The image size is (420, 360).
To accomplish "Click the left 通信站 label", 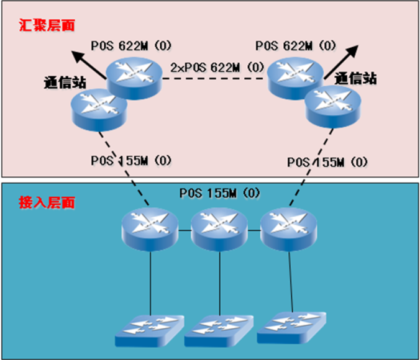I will tap(65, 81).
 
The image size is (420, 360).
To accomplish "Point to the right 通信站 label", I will tap(356, 79).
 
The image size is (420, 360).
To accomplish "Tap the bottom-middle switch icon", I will tap(219, 331).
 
